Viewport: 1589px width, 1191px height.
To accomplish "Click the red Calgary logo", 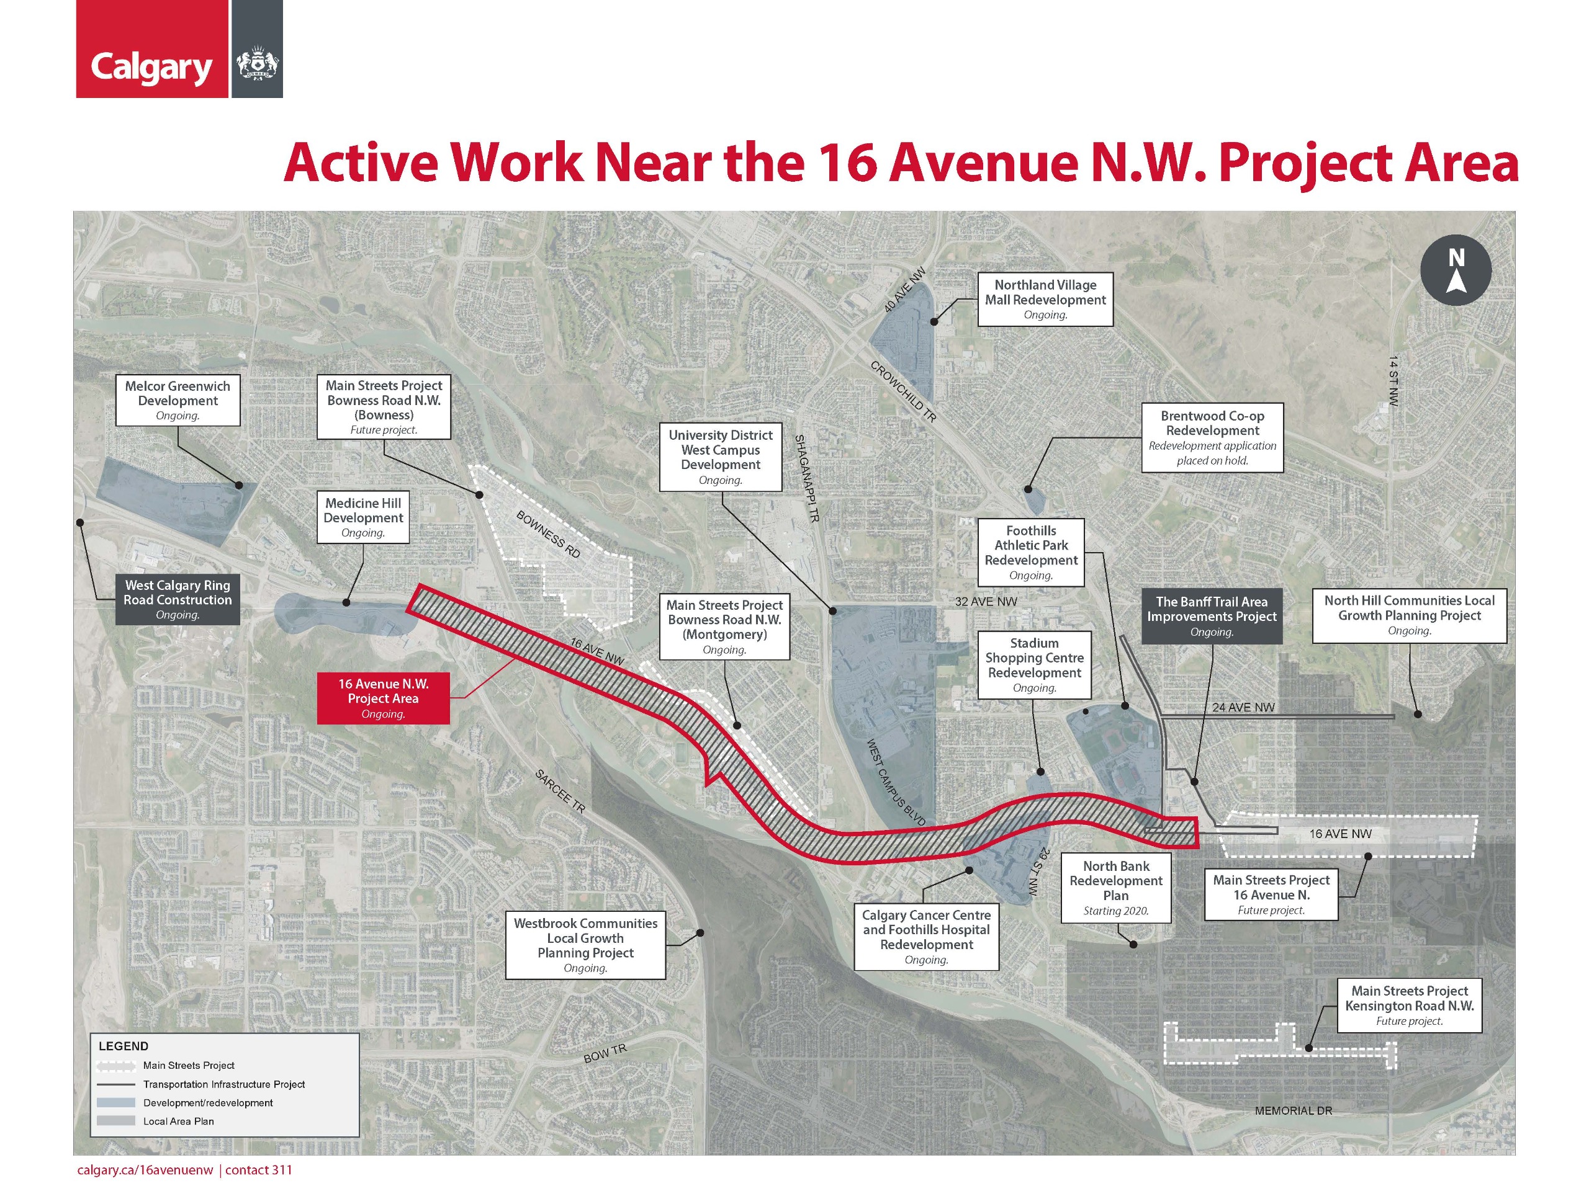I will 151,49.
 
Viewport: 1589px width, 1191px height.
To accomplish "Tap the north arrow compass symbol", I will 1456,270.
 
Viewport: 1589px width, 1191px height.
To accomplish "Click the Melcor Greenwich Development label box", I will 178,400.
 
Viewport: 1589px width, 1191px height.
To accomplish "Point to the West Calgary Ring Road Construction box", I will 178,599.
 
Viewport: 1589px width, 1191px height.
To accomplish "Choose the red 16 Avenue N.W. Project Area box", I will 383,698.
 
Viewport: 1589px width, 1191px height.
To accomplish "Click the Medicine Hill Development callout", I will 362,517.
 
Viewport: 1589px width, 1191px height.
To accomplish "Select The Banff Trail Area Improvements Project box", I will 1211,616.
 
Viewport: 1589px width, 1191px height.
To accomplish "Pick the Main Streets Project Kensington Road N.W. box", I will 1409,1005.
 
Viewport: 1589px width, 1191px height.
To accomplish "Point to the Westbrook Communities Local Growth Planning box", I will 585,945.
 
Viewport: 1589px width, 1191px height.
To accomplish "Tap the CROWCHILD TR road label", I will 903,391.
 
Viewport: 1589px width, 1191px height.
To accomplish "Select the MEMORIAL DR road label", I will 1293,1110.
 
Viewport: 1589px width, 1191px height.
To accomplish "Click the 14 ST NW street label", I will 1393,380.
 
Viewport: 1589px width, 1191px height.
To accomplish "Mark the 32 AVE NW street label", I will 986,602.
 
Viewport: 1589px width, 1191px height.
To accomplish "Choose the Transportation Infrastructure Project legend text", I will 223,1084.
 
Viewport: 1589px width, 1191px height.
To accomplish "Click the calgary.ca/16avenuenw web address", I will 145,1169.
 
